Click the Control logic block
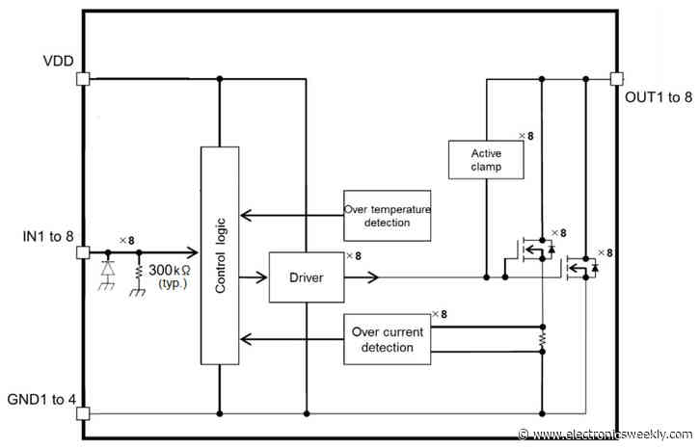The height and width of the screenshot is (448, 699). coord(219,261)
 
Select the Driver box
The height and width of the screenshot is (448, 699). coord(305,277)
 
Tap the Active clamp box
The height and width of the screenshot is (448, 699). coord(486,159)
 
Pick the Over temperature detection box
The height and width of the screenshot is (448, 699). coord(387,216)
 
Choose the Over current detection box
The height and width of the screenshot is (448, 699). coord(387,338)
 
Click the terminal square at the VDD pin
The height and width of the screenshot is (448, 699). coord(83,79)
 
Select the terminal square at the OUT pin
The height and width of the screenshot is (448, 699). coord(616,79)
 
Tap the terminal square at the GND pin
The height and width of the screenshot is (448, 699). coord(83,414)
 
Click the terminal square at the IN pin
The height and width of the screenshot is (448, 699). coord(83,253)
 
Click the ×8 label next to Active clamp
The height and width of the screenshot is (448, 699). coord(524,136)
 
